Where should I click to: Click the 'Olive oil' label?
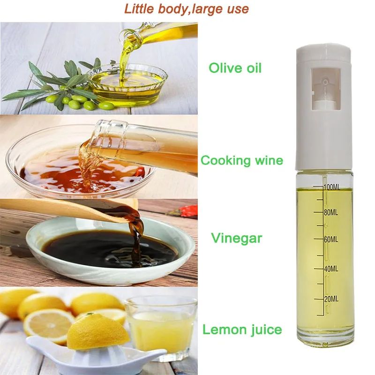(x=235, y=68)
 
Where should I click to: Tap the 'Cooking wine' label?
(x=242, y=161)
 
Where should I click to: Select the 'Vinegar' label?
(x=236, y=238)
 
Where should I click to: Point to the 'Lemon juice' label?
(x=242, y=330)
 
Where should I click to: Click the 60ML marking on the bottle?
(x=330, y=240)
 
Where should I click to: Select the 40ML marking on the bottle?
(x=330, y=269)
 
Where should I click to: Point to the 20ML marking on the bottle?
(x=330, y=299)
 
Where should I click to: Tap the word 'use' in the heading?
(x=238, y=8)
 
